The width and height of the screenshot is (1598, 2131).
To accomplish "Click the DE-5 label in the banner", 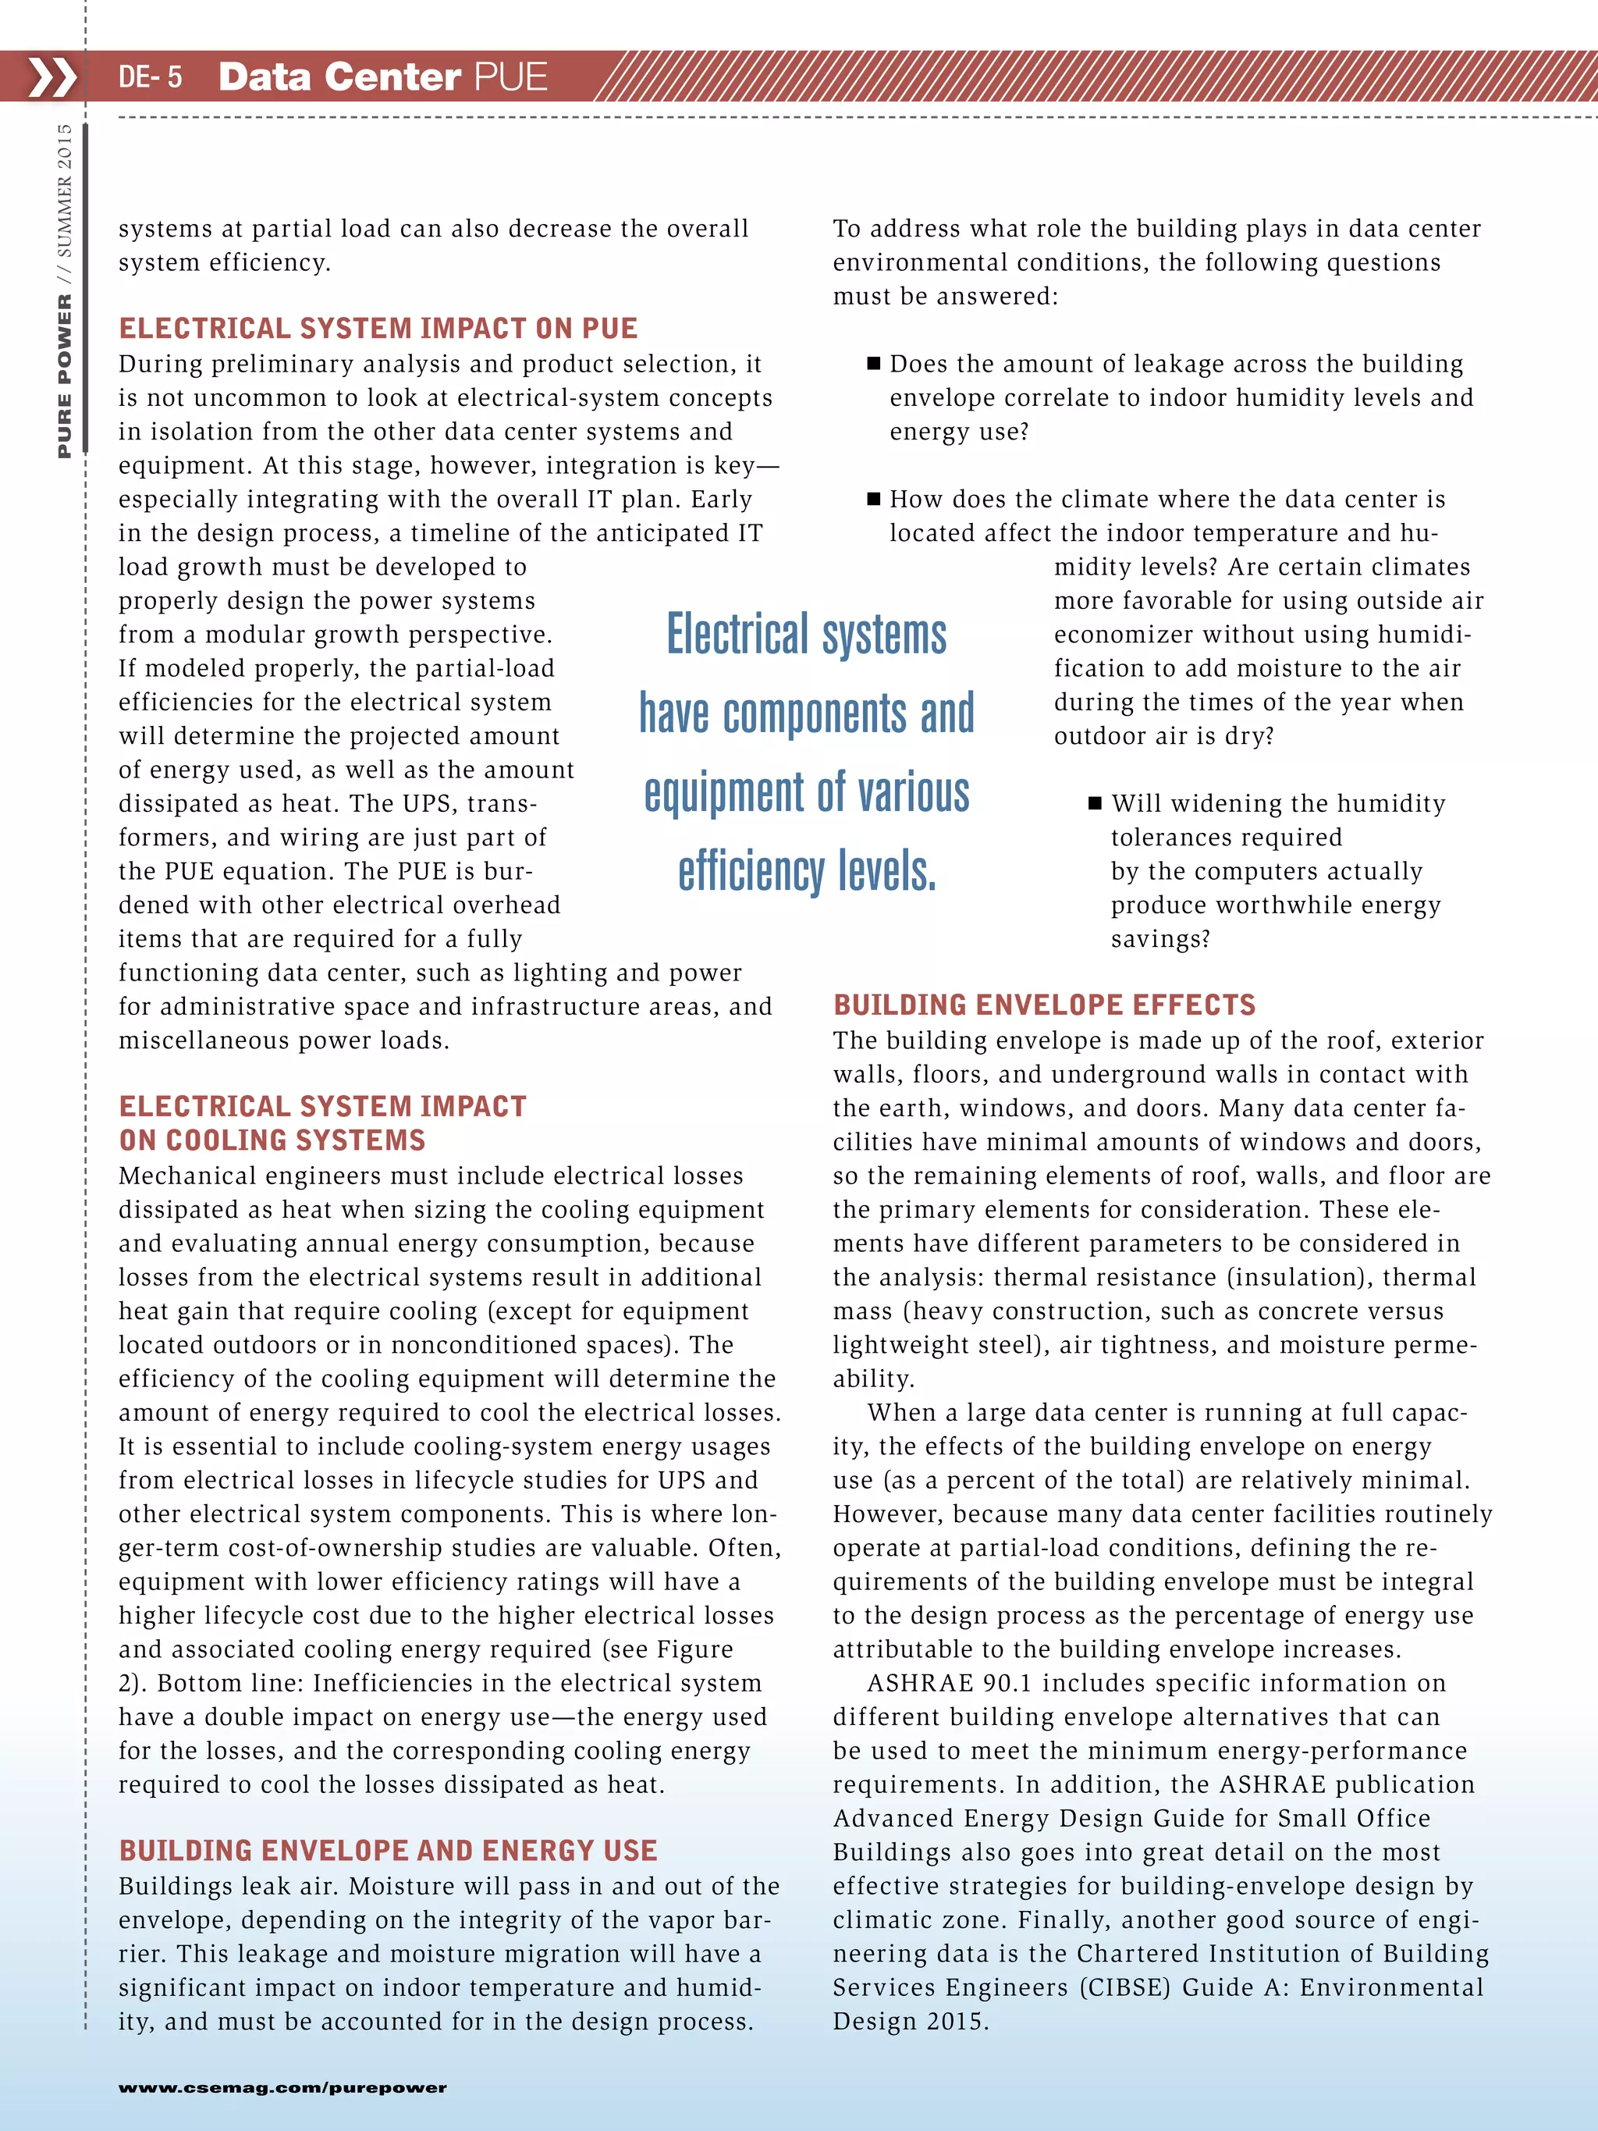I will [149, 77].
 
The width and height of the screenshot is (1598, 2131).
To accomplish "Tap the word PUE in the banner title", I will [510, 77].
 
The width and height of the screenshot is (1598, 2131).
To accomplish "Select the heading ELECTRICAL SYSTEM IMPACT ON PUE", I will [378, 329].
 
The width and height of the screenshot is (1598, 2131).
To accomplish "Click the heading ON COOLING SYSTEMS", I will [272, 1140].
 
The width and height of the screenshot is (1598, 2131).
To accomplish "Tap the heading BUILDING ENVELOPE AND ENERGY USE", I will [387, 1851].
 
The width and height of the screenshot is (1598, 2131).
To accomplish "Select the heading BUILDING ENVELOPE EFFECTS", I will [1044, 1005].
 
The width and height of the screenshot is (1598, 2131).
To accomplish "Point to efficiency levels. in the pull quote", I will [807, 871].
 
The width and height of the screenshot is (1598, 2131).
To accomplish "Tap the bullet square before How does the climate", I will [874, 499].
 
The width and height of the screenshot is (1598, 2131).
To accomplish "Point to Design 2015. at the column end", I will [911, 2021].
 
